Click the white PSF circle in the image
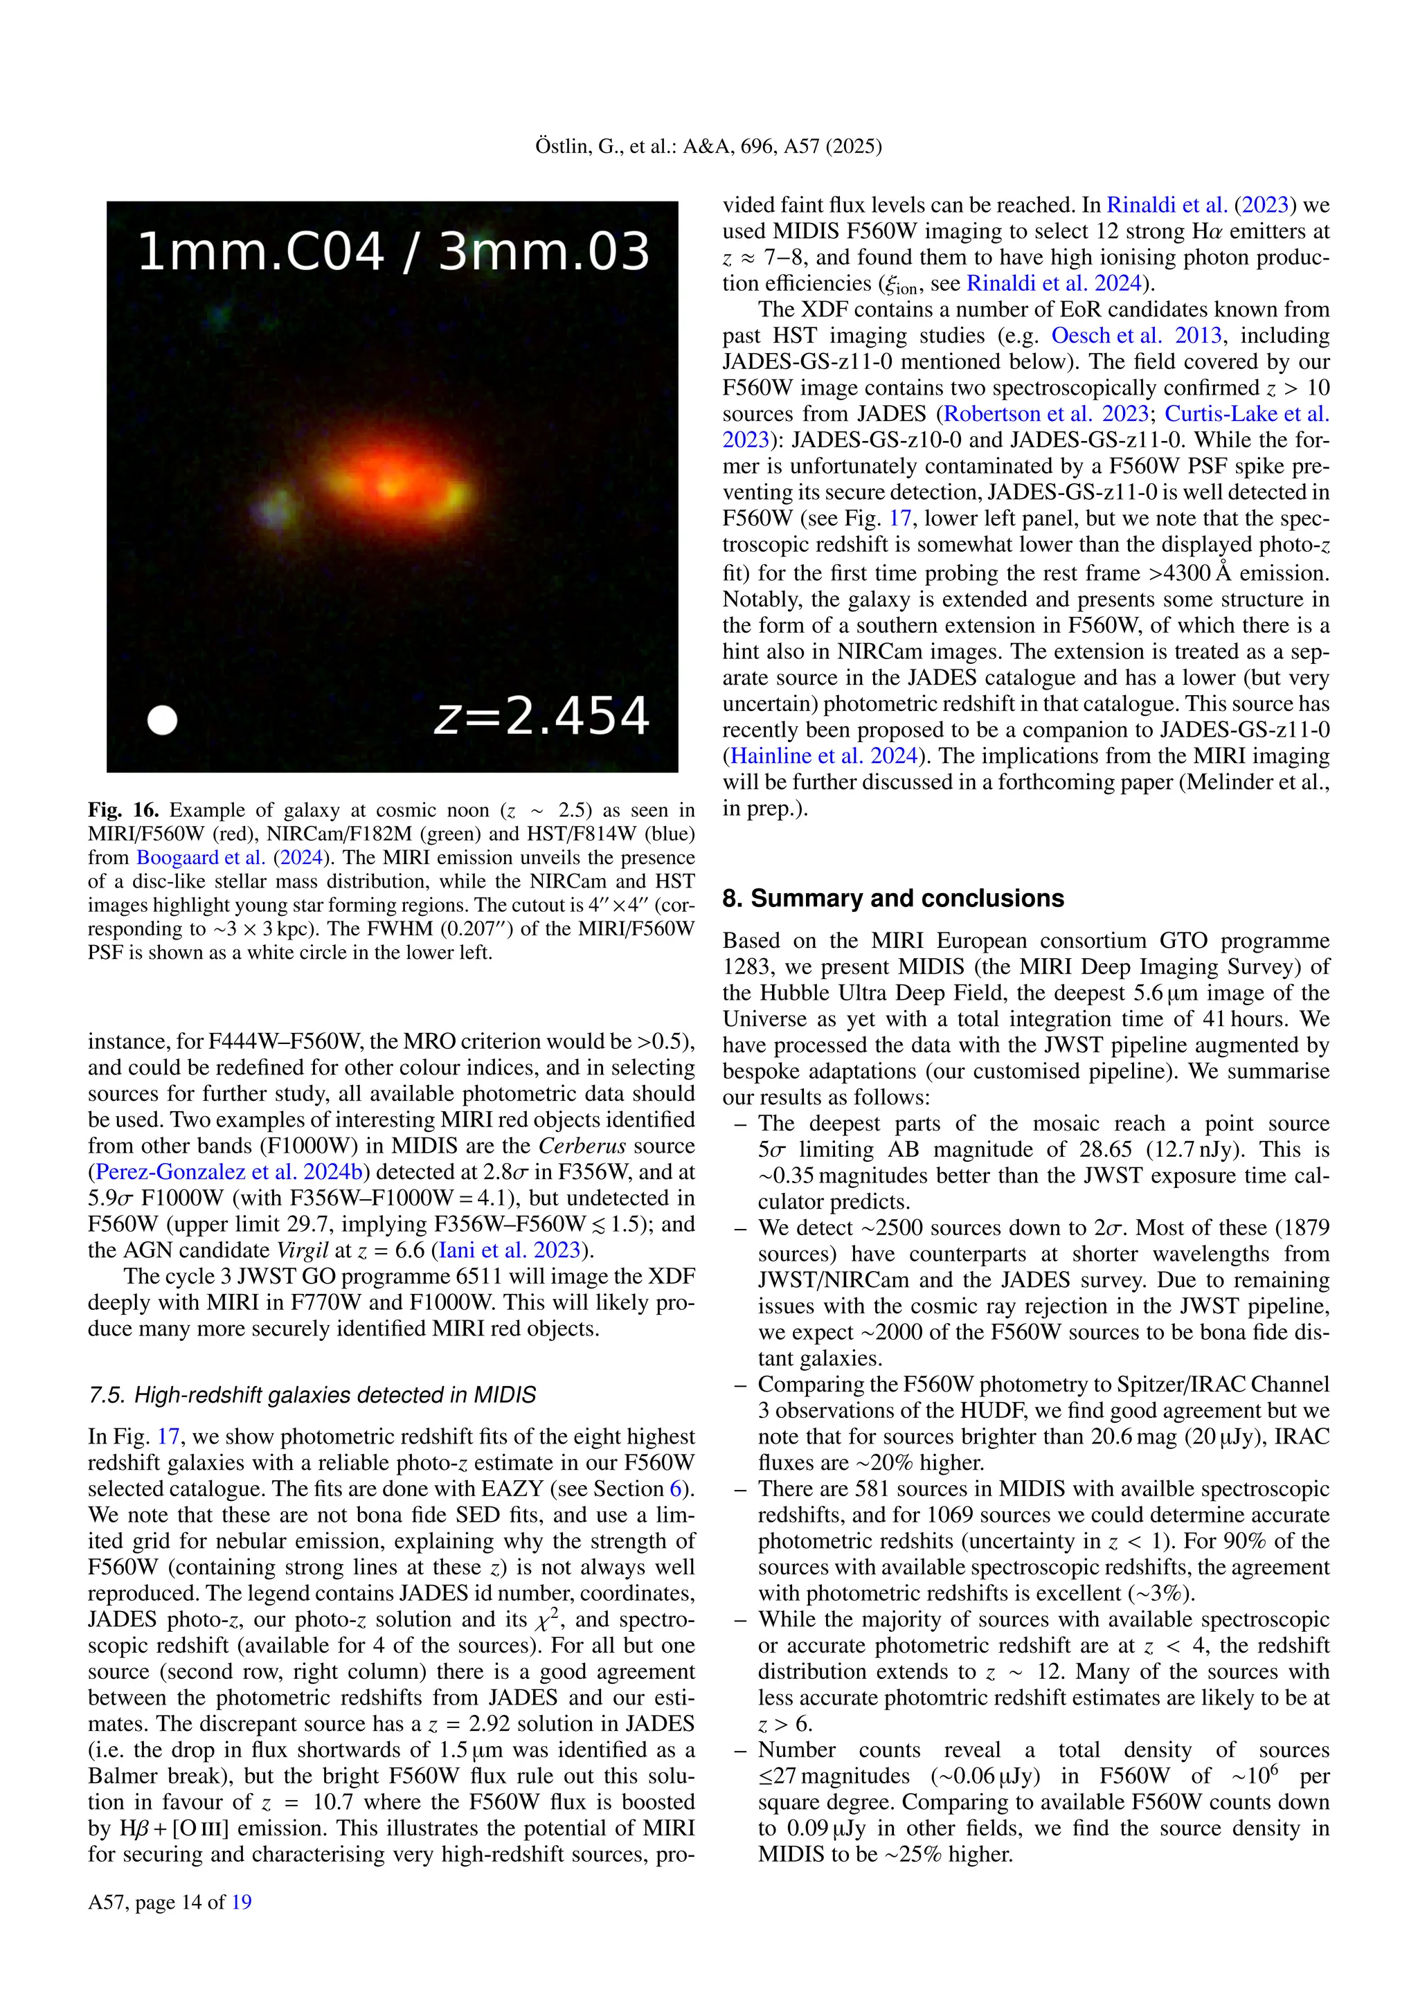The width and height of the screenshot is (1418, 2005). [163, 721]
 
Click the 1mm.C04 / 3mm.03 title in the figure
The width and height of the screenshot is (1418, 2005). [393, 251]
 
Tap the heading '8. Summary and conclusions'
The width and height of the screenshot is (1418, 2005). [892, 899]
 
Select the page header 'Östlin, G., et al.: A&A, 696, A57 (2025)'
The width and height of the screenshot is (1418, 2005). [708, 147]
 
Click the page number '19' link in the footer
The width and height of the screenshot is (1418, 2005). [242, 1902]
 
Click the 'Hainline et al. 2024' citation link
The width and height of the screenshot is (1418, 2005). [823, 756]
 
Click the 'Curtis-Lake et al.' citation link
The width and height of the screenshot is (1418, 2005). [1247, 414]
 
